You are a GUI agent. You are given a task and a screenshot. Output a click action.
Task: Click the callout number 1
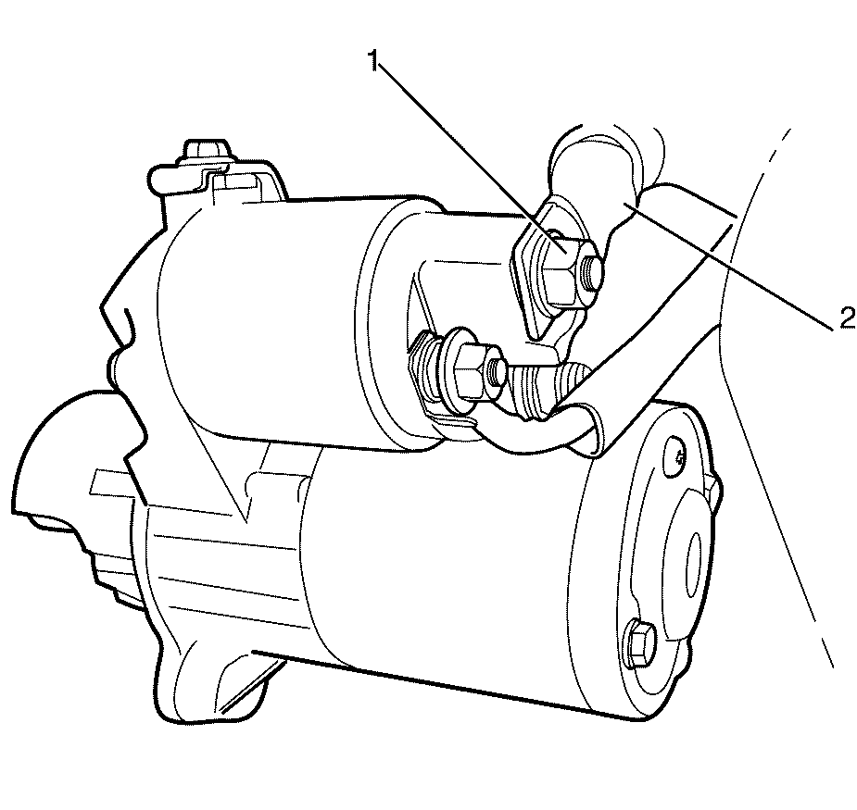point(374,60)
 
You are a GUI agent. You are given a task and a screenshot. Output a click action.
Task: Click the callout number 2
point(847,318)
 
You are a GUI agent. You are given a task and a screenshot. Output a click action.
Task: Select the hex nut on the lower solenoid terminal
point(470,371)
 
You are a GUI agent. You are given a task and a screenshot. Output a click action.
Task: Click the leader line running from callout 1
point(469,156)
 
